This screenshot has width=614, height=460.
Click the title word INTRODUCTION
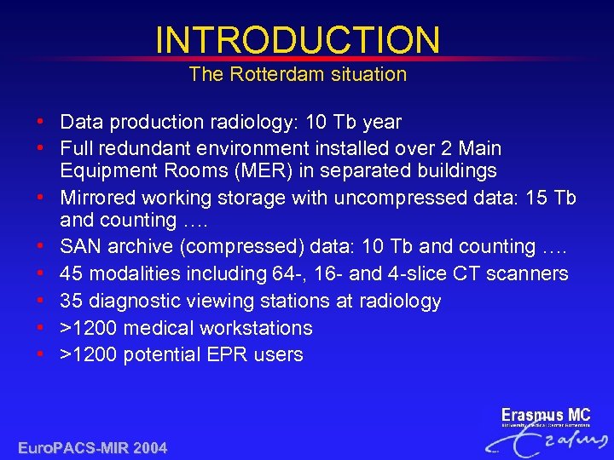coord(298,40)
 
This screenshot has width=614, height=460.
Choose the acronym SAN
coord(80,246)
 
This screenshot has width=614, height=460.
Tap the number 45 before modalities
coord(72,273)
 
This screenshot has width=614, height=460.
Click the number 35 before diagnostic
coord(72,301)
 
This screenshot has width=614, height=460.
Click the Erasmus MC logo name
coord(545,416)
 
